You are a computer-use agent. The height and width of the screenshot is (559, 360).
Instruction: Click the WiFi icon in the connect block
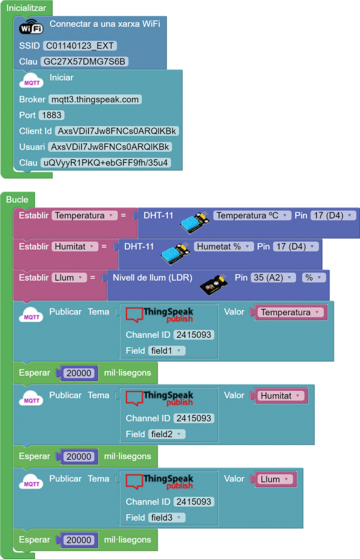(31, 27)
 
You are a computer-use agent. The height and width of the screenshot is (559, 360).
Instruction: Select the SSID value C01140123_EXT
(80, 46)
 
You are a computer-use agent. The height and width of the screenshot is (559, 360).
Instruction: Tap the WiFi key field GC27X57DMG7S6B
(84, 62)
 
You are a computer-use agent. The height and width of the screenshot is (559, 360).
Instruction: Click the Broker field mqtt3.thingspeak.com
(95, 99)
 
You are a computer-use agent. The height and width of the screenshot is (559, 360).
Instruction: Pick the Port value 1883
(51, 115)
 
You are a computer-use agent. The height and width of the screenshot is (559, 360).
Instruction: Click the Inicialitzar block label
(27, 7)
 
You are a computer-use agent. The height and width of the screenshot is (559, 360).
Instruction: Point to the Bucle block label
(17, 199)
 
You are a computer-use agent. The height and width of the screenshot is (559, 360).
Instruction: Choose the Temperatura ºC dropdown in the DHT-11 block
(251, 216)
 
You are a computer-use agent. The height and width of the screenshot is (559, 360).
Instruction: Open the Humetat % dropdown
(224, 247)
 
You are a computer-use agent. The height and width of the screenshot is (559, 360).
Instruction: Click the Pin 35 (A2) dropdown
(273, 278)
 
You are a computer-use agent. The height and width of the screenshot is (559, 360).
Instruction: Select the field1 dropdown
(166, 350)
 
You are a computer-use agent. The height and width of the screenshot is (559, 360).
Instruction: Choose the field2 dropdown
(166, 434)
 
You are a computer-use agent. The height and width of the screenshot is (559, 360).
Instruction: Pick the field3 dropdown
(166, 518)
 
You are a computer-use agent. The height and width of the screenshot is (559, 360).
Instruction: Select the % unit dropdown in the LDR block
(313, 278)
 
